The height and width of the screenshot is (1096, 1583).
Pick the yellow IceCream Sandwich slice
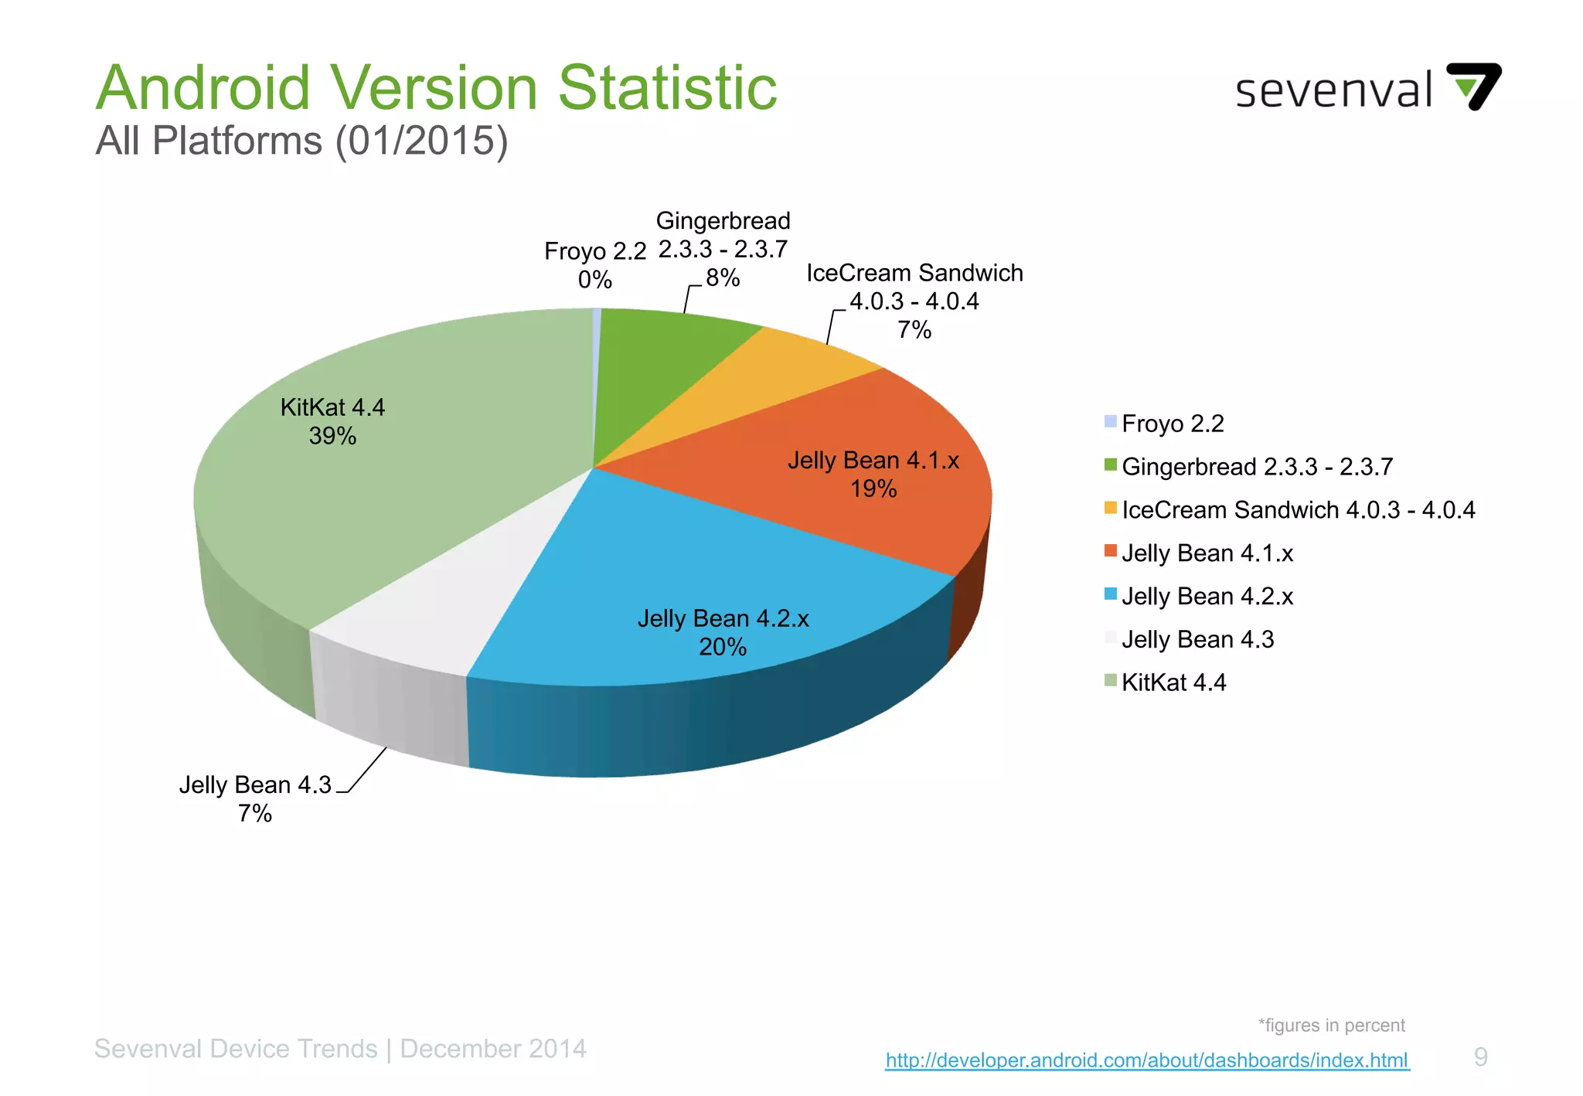coord(773,379)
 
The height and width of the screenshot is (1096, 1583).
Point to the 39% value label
coord(332,437)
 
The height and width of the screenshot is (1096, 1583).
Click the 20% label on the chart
coord(723,647)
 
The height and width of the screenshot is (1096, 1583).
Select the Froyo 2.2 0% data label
coord(594,265)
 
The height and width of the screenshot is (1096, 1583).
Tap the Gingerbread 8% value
coord(723,278)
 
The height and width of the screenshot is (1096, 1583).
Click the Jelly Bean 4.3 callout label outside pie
coord(255,798)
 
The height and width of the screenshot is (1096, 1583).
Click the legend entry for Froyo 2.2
coord(1172,424)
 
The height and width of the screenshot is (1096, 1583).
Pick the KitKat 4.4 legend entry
coord(1173,682)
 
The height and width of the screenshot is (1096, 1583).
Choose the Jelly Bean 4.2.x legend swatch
coord(1111,594)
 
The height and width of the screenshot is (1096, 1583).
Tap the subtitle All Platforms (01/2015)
coord(301,141)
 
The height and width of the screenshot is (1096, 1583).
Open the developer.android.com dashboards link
coord(1147,1060)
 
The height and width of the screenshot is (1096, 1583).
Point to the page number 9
coord(1480,1057)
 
